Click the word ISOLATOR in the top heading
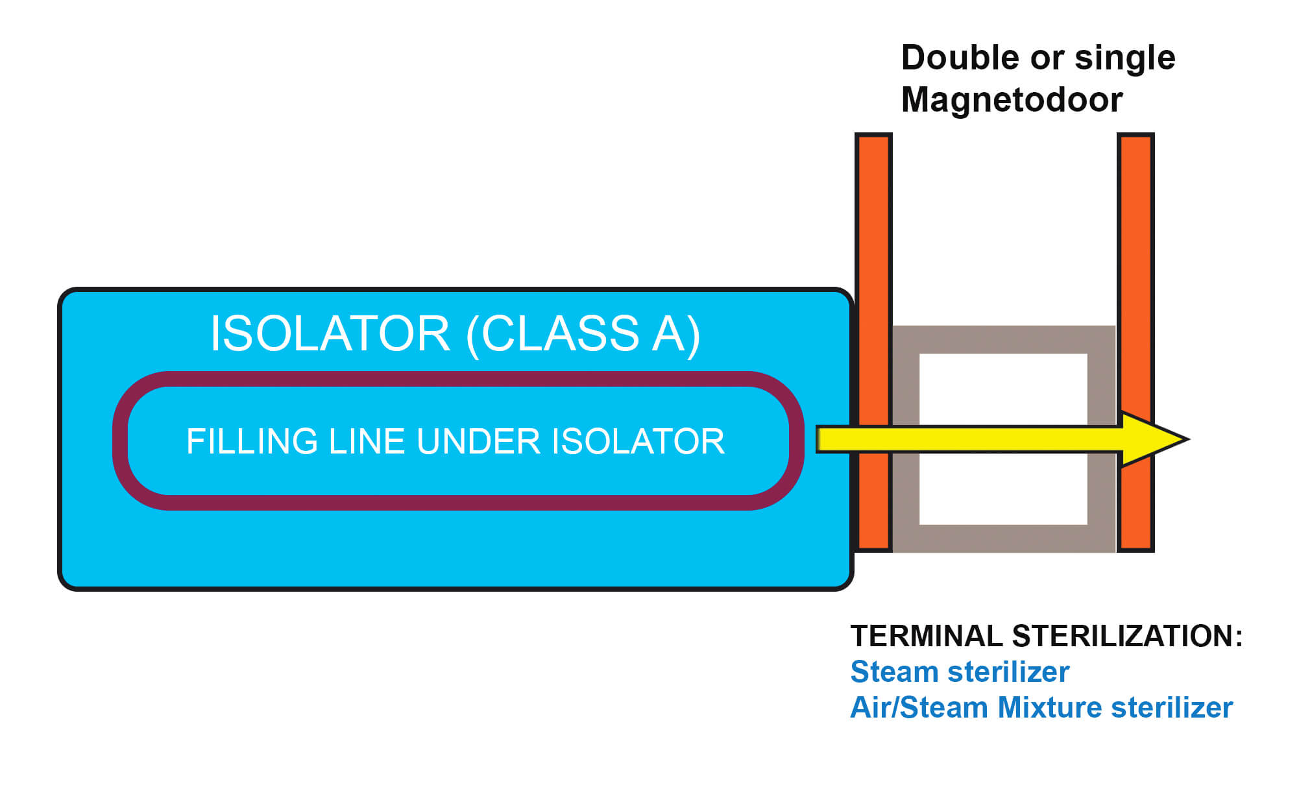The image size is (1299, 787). coord(330,333)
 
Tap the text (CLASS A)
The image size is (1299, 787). coord(583,333)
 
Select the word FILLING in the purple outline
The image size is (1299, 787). coord(252,442)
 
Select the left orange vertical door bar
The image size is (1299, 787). coord(873,260)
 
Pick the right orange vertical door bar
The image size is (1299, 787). coord(1135,260)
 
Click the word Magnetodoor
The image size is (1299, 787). coord(1012,100)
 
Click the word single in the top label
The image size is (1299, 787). coord(1124,58)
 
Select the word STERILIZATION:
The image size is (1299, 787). coord(1128,636)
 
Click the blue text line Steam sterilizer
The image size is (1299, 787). coord(960,672)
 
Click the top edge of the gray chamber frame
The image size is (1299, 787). coord(1003,339)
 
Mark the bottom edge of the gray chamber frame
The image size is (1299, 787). coord(1003,539)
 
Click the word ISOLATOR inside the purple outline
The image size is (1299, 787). coord(638,442)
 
